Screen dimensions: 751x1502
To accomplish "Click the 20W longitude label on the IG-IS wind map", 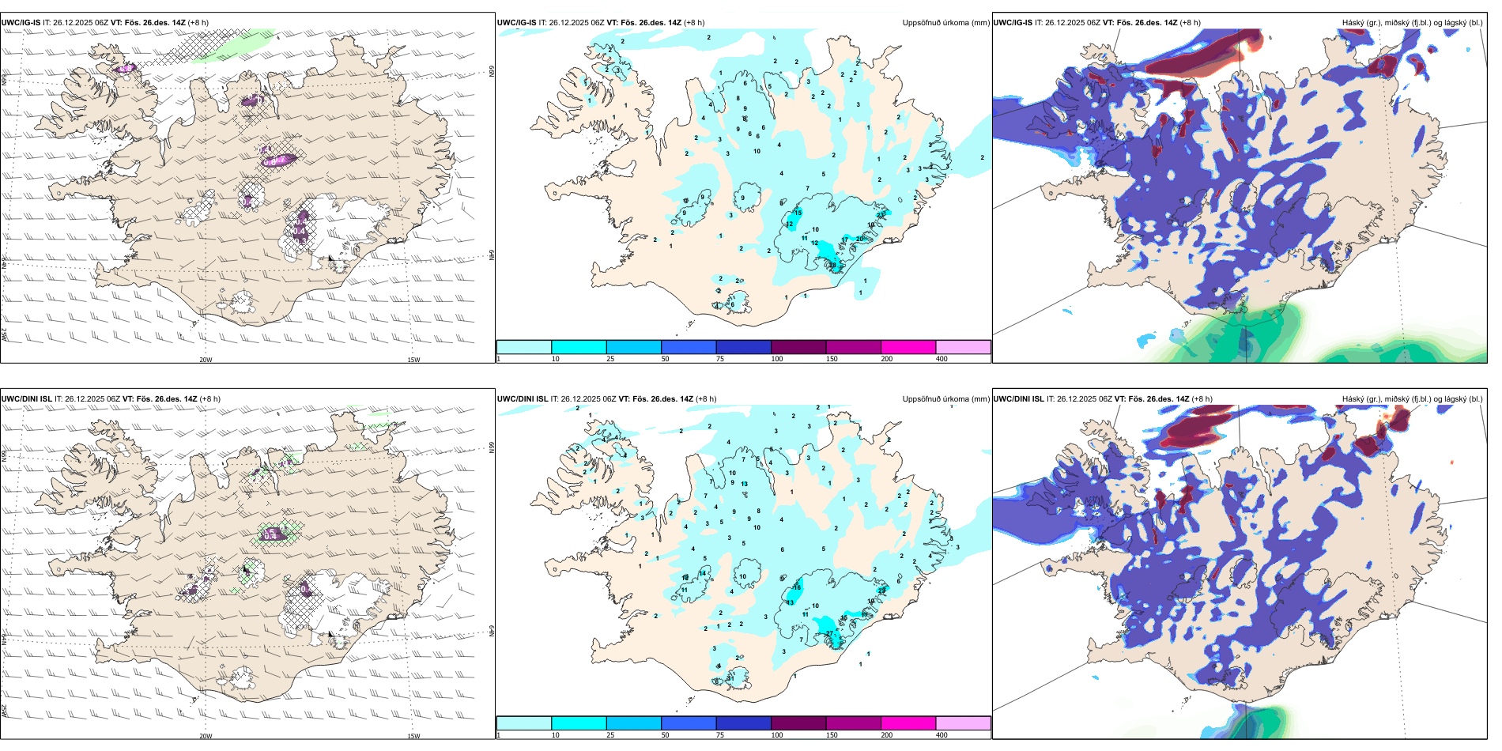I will tap(206, 360).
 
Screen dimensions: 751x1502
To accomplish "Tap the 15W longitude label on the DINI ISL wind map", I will tap(413, 736).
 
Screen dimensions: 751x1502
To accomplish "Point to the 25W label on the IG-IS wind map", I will tap(4, 335).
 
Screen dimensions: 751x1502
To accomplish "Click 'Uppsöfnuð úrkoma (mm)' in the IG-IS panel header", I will tap(945, 23).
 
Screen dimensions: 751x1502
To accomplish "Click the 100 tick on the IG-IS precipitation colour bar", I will tap(777, 359).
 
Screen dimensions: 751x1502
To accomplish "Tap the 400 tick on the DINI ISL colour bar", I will tap(942, 735).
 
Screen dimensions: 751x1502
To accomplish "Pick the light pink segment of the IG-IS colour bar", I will tap(963, 347).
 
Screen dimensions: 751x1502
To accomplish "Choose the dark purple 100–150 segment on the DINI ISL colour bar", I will tap(798, 723).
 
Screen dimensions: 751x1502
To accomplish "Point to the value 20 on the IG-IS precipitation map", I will tap(860, 239).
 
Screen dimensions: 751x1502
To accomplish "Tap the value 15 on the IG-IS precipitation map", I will tap(798, 213).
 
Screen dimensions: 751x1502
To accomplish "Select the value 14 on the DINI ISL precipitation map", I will tap(703, 573).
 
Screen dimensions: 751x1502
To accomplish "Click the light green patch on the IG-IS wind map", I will tap(237, 49).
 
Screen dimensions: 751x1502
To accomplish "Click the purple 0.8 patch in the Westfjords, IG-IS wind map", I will tap(125, 69).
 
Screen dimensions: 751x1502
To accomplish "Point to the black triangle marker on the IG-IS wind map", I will tap(331, 258).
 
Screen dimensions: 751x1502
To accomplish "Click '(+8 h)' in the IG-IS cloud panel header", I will tap(1190, 23).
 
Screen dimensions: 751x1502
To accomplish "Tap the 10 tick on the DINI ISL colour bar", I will tap(555, 735).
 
